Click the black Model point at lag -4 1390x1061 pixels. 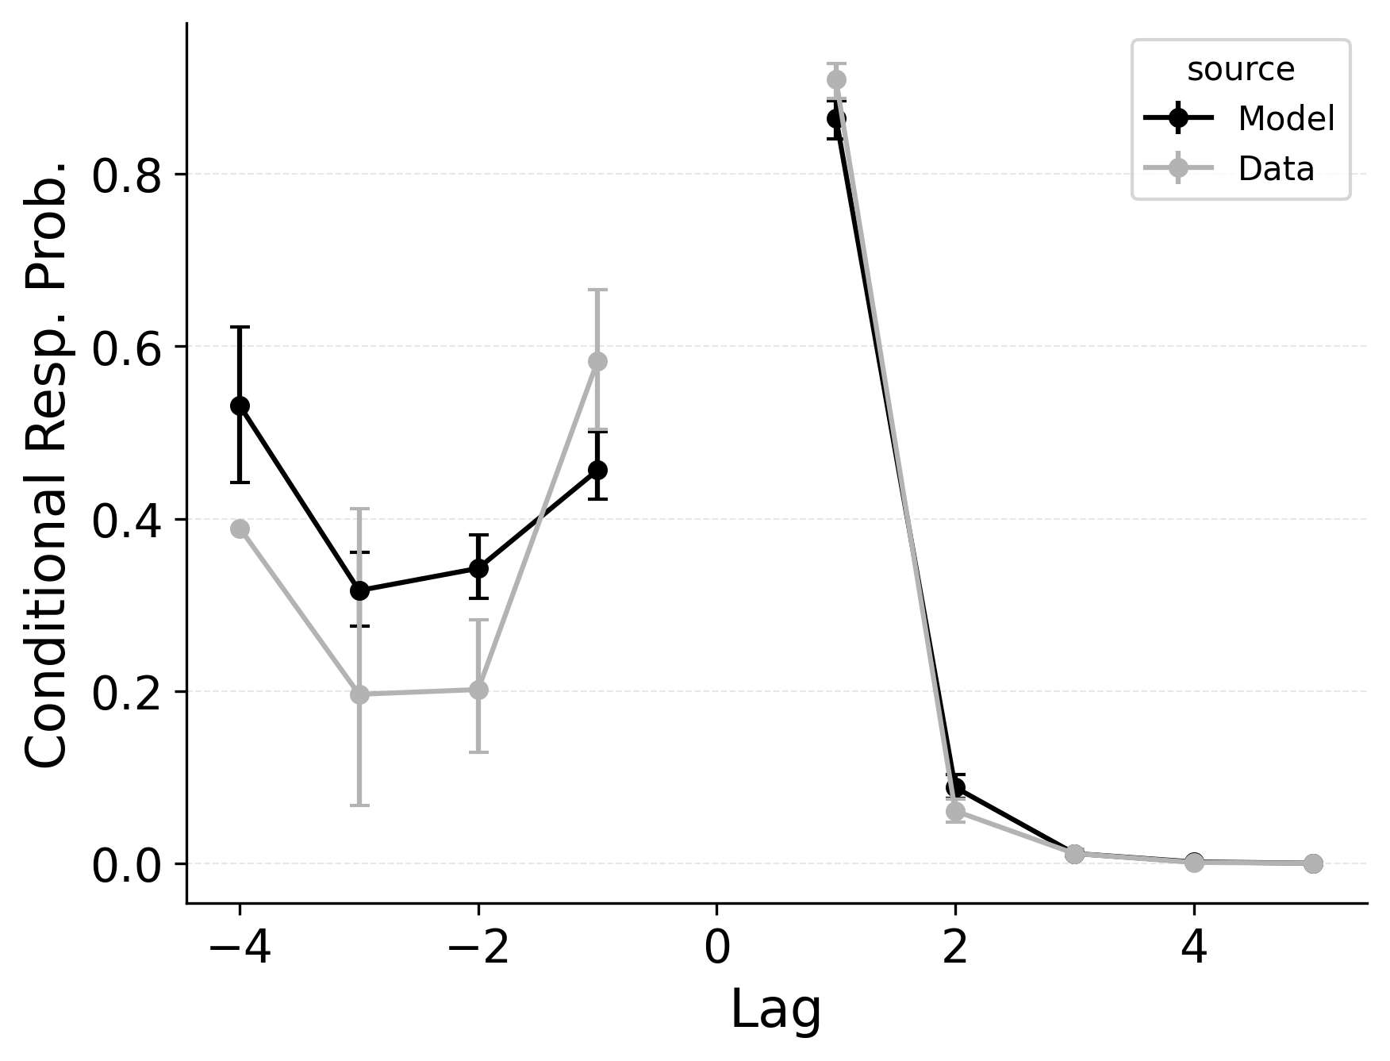click(x=240, y=406)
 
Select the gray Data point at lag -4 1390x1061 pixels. click(x=240, y=529)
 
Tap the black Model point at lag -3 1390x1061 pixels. click(x=359, y=590)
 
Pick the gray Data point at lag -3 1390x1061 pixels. click(x=359, y=694)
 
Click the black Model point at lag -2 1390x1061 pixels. click(x=478, y=568)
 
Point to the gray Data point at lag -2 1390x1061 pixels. click(x=478, y=690)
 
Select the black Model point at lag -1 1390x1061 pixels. click(x=598, y=470)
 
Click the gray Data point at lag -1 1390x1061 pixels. click(x=598, y=361)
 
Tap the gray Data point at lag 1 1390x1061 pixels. click(x=836, y=79)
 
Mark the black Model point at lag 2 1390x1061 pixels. click(x=955, y=787)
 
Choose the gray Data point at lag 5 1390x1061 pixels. click(x=1313, y=863)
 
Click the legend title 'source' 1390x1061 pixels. click(x=1240, y=70)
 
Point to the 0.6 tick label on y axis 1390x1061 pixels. click(x=127, y=348)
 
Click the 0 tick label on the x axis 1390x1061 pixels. click(x=717, y=948)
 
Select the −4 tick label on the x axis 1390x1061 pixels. click(x=240, y=948)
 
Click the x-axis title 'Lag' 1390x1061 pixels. click(x=775, y=1010)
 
